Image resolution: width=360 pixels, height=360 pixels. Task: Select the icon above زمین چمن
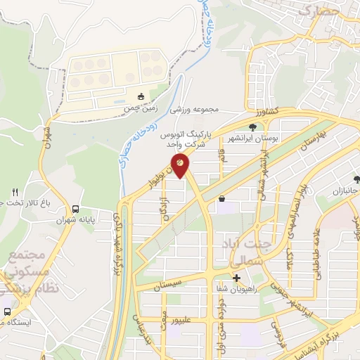coord(141,96)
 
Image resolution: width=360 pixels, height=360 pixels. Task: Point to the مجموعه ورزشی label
coord(215,110)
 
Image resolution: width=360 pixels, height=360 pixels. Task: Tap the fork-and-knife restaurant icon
coord(15,192)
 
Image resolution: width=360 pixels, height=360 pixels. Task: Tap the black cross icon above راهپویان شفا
coord(236,278)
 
